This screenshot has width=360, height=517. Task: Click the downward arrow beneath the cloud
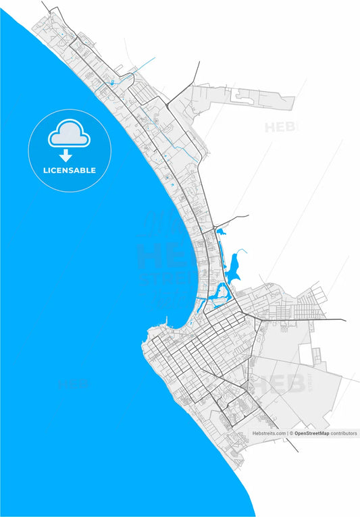click(66, 156)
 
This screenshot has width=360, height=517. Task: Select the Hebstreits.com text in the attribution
click(269, 433)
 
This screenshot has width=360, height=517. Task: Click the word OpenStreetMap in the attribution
click(311, 433)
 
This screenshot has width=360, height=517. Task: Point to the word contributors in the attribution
click(344, 433)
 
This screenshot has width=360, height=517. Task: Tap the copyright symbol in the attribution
click(290, 433)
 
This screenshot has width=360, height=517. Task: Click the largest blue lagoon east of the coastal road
click(234, 266)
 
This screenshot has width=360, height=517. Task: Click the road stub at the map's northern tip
click(45, 6)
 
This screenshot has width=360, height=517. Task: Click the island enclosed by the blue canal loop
click(220, 293)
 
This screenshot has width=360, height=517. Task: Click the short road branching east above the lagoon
click(233, 218)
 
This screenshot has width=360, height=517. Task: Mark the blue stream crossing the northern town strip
click(142, 68)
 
